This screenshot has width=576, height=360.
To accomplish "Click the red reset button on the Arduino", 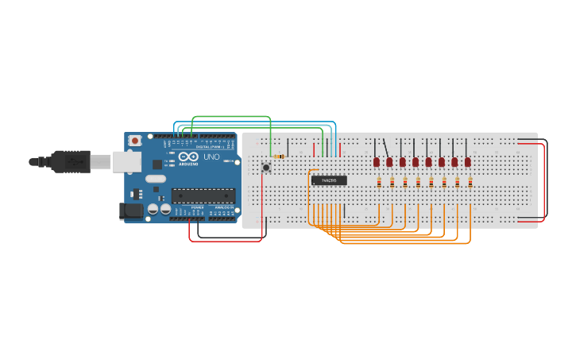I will click(135, 141).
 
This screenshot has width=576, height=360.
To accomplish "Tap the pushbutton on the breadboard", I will click(266, 167).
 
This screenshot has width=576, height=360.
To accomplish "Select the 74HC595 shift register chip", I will click(329, 180).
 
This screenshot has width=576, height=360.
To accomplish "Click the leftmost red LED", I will click(377, 161).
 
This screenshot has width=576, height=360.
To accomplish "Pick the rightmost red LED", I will click(468, 161).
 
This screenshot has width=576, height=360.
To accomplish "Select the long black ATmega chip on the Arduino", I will click(203, 195).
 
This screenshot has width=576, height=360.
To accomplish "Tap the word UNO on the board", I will click(211, 157).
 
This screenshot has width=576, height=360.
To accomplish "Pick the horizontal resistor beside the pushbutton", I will click(279, 157).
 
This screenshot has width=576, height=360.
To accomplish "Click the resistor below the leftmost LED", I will click(379, 183).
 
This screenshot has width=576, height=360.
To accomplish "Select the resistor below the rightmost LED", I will click(470, 183).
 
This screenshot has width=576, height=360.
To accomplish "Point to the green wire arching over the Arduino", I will click(230, 117).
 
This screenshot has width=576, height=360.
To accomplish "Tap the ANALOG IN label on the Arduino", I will click(224, 207).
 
